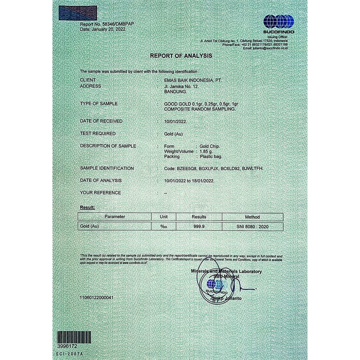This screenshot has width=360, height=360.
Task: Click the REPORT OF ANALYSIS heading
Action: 181,55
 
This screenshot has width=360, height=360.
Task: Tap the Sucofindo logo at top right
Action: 278,22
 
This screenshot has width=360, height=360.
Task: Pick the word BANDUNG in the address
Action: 175,92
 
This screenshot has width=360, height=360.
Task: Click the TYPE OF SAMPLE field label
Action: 99,103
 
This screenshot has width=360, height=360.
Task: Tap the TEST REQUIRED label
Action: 97,133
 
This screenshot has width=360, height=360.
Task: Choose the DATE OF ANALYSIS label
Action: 100,180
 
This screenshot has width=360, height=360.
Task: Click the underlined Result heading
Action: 87,207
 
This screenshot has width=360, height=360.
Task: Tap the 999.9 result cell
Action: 199,226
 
